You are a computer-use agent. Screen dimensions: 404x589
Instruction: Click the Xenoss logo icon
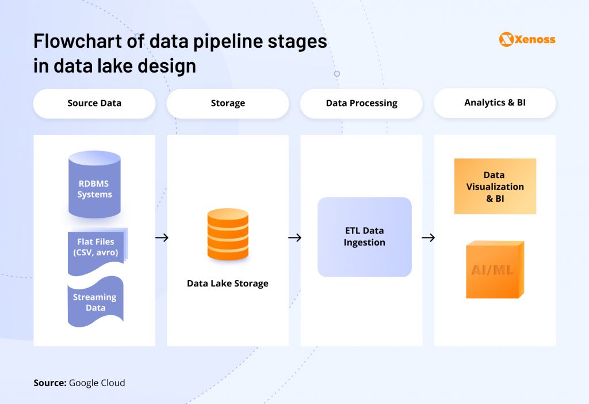tap(506, 39)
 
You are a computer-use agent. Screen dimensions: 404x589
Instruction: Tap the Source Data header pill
tap(94, 103)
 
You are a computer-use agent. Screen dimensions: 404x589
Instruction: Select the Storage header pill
tap(228, 103)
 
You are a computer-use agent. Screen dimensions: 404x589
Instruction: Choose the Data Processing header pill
tap(361, 103)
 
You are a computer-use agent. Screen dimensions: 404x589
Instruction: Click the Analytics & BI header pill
tap(495, 103)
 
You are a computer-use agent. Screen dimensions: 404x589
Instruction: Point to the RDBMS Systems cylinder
tap(94, 184)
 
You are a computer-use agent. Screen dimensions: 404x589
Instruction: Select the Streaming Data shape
tap(95, 302)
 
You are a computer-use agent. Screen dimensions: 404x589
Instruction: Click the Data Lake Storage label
tap(228, 284)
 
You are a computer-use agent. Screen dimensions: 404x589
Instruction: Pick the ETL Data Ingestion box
tap(364, 237)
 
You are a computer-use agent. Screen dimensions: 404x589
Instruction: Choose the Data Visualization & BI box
tap(495, 186)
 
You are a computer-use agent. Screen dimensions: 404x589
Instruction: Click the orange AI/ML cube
tap(494, 270)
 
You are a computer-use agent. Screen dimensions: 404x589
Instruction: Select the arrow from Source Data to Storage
tap(162, 237)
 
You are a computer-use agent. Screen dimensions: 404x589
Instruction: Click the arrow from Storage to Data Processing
tap(294, 237)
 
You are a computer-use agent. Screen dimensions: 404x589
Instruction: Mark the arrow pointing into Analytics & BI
tap(428, 237)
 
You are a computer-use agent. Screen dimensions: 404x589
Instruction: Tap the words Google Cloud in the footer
tap(97, 383)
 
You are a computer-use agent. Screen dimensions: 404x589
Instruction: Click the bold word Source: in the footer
tap(49, 383)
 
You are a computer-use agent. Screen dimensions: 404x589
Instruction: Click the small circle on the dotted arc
tap(337, 74)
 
